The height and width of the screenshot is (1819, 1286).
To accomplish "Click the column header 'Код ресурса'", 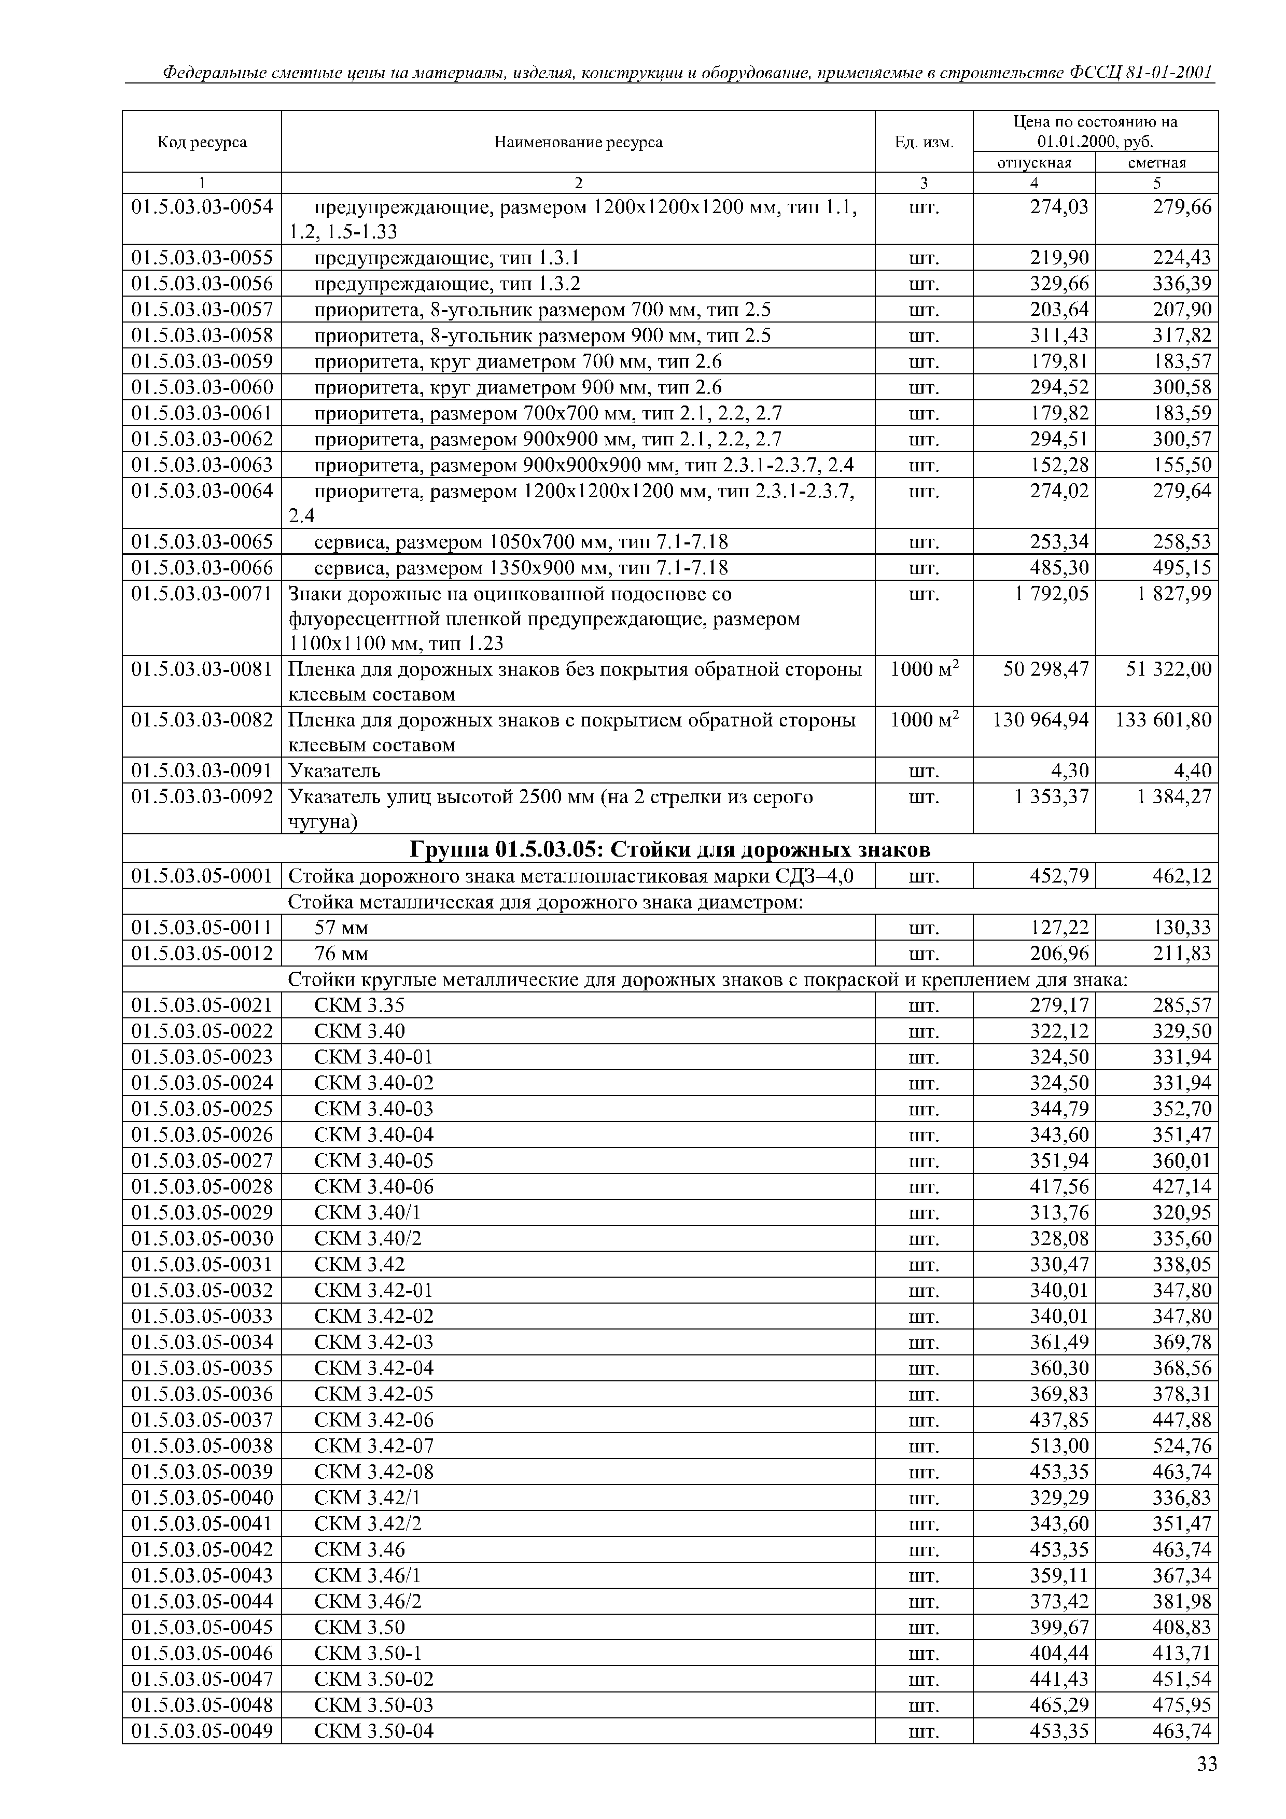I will (x=202, y=143).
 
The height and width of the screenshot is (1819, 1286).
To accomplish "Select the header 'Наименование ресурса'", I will (x=578, y=143).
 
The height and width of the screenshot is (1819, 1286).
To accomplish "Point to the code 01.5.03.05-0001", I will (x=202, y=876).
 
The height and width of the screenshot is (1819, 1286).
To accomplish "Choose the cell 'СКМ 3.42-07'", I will (x=374, y=1446).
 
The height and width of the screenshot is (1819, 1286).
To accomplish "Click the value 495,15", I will (x=1181, y=568).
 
